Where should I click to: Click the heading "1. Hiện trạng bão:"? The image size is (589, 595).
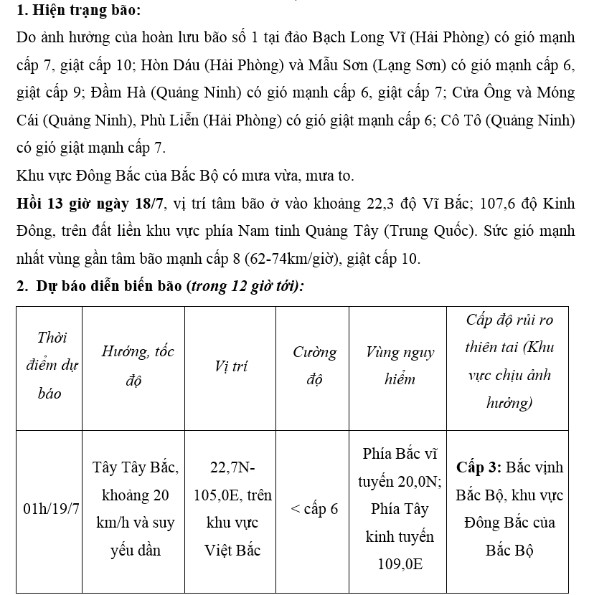[78, 11]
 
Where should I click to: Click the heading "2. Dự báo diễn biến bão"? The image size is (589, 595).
[100, 287]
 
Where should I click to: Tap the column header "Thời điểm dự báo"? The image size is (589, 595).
[49, 366]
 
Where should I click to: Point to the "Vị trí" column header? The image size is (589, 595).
[231, 366]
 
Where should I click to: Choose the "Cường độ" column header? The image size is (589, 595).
[314, 366]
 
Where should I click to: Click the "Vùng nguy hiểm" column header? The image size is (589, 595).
[399, 366]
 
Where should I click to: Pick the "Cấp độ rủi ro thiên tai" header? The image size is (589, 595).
[509, 361]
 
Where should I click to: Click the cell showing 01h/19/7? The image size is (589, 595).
[50, 509]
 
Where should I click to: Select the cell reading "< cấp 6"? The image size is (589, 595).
[314, 509]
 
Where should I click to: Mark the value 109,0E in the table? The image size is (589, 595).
[400, 563]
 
